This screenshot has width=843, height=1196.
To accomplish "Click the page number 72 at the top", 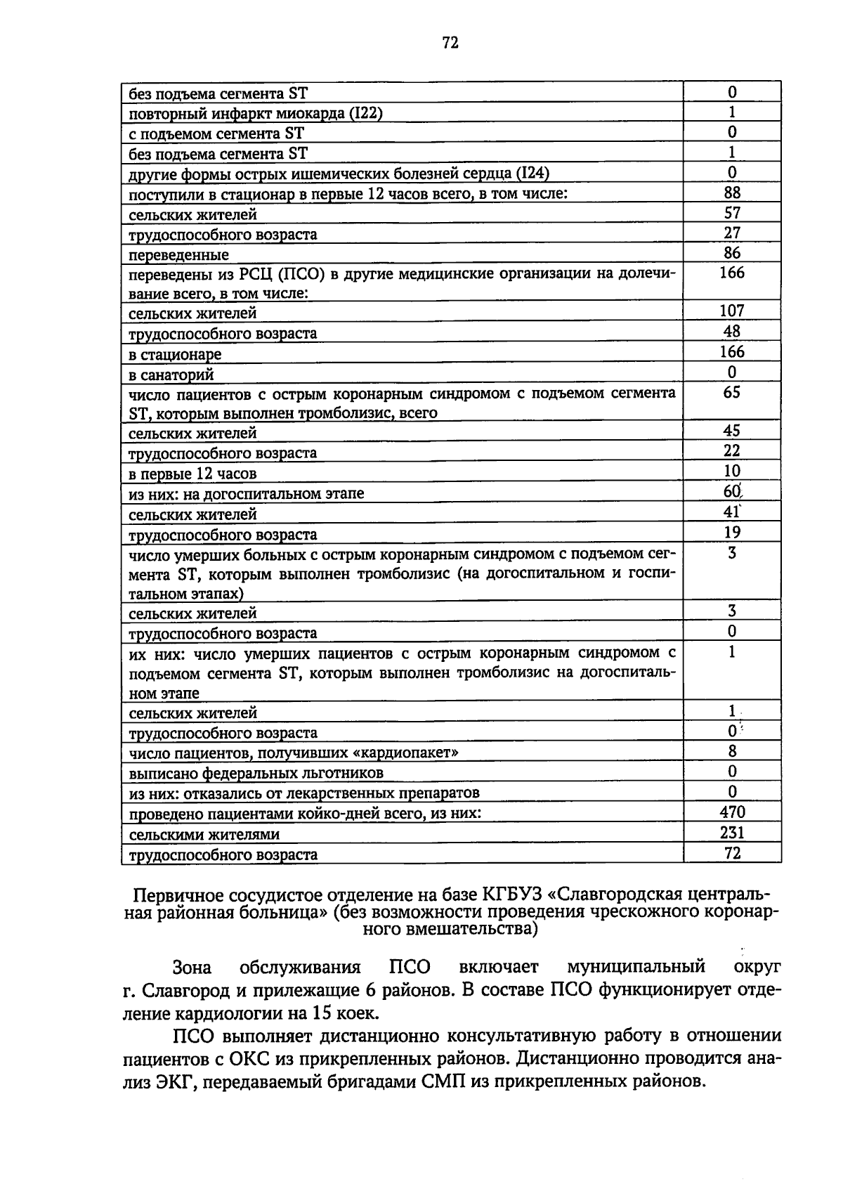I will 450,44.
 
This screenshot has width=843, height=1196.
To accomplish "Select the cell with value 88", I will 732,193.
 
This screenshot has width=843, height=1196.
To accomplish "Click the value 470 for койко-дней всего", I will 732,812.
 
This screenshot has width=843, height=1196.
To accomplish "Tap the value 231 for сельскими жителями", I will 732,833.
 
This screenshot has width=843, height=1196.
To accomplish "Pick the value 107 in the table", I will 732,311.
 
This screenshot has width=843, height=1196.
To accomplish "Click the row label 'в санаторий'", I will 171,375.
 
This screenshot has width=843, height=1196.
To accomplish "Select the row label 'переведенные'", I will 178,254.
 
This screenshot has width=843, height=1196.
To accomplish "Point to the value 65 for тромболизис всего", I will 732,392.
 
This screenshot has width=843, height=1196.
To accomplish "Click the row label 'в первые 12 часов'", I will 192,474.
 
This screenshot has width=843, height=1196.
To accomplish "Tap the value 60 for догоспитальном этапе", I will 732,492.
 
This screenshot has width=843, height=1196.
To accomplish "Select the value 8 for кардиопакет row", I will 732,751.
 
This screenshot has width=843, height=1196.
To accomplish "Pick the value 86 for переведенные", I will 732,253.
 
